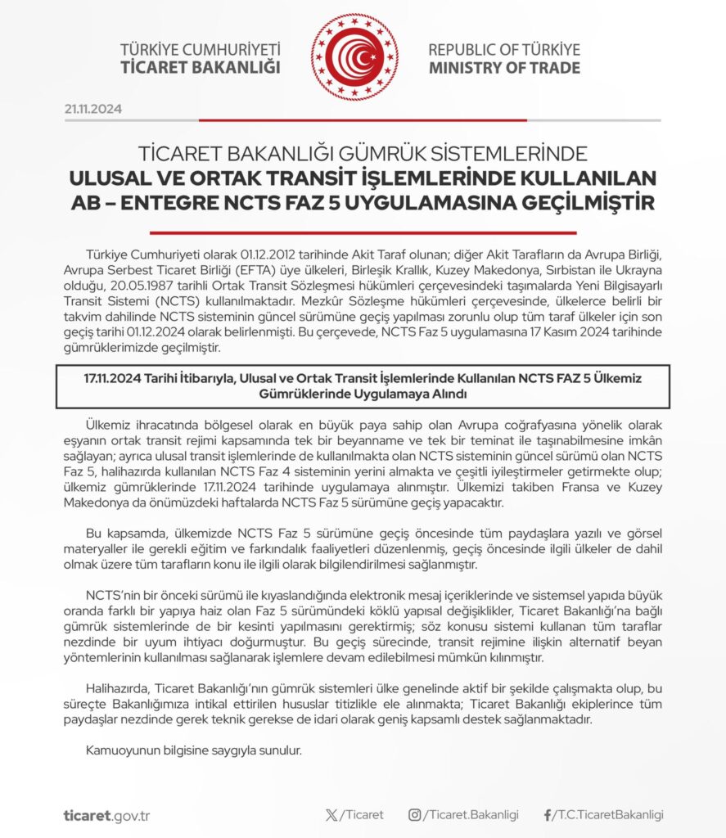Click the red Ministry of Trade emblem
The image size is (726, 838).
[x=354, y=57]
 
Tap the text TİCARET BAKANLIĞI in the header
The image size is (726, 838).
[x=200, y=67]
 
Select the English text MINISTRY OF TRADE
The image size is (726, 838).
[x=504, y=67]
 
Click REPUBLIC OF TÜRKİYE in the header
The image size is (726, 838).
[x=504, y=49]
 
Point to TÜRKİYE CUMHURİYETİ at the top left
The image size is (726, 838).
[x=200, y=49]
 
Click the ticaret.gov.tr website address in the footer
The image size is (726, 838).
[x=106, y=815]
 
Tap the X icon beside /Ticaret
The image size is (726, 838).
[x=331, y=815]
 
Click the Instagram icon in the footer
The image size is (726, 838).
[x=415, y=815]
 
